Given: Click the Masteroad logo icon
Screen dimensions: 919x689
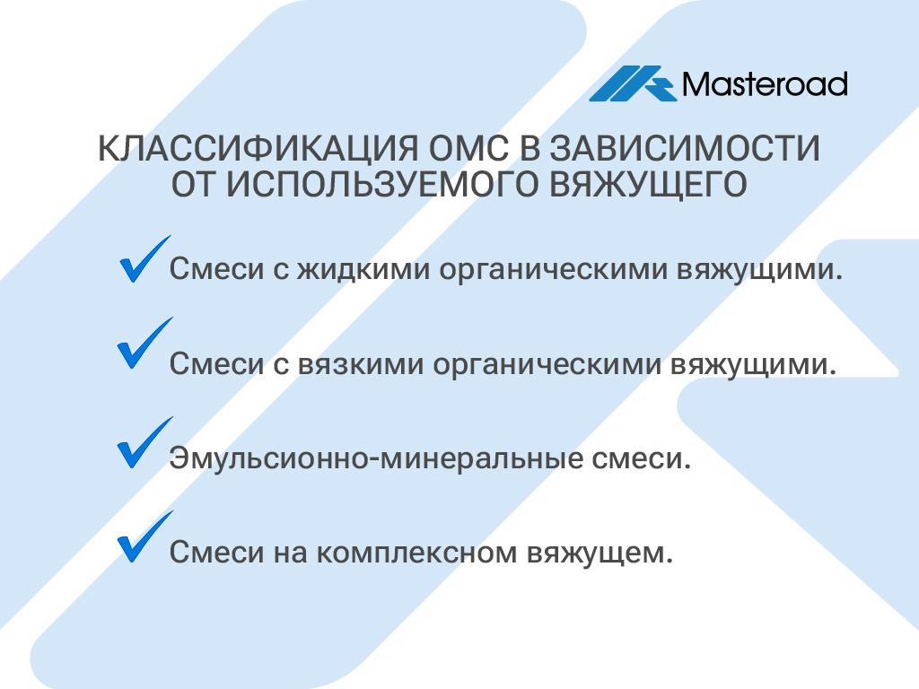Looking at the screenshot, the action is (633, 83).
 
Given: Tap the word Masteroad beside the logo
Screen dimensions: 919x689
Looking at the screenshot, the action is (765, 83).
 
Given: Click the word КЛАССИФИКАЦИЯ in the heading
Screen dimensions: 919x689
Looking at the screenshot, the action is (258, 148).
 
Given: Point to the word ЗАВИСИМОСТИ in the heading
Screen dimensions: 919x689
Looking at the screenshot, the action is (685, 148).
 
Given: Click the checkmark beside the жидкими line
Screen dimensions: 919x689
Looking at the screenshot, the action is (144, 259).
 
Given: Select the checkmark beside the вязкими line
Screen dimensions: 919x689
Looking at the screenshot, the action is (144, 344).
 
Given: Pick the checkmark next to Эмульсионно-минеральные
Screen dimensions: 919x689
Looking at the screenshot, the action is (144, 443).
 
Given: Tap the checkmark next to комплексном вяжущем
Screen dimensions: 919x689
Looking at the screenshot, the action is (144, 536).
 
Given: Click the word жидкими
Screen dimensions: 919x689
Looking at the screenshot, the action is (363, 269).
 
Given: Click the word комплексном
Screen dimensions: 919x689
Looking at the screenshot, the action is (416, 553).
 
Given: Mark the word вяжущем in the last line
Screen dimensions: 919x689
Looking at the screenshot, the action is (599, 553).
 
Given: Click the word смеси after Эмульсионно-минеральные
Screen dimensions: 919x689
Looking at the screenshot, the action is (641, 458).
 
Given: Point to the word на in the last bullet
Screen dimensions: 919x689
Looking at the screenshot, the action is (290, 553).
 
